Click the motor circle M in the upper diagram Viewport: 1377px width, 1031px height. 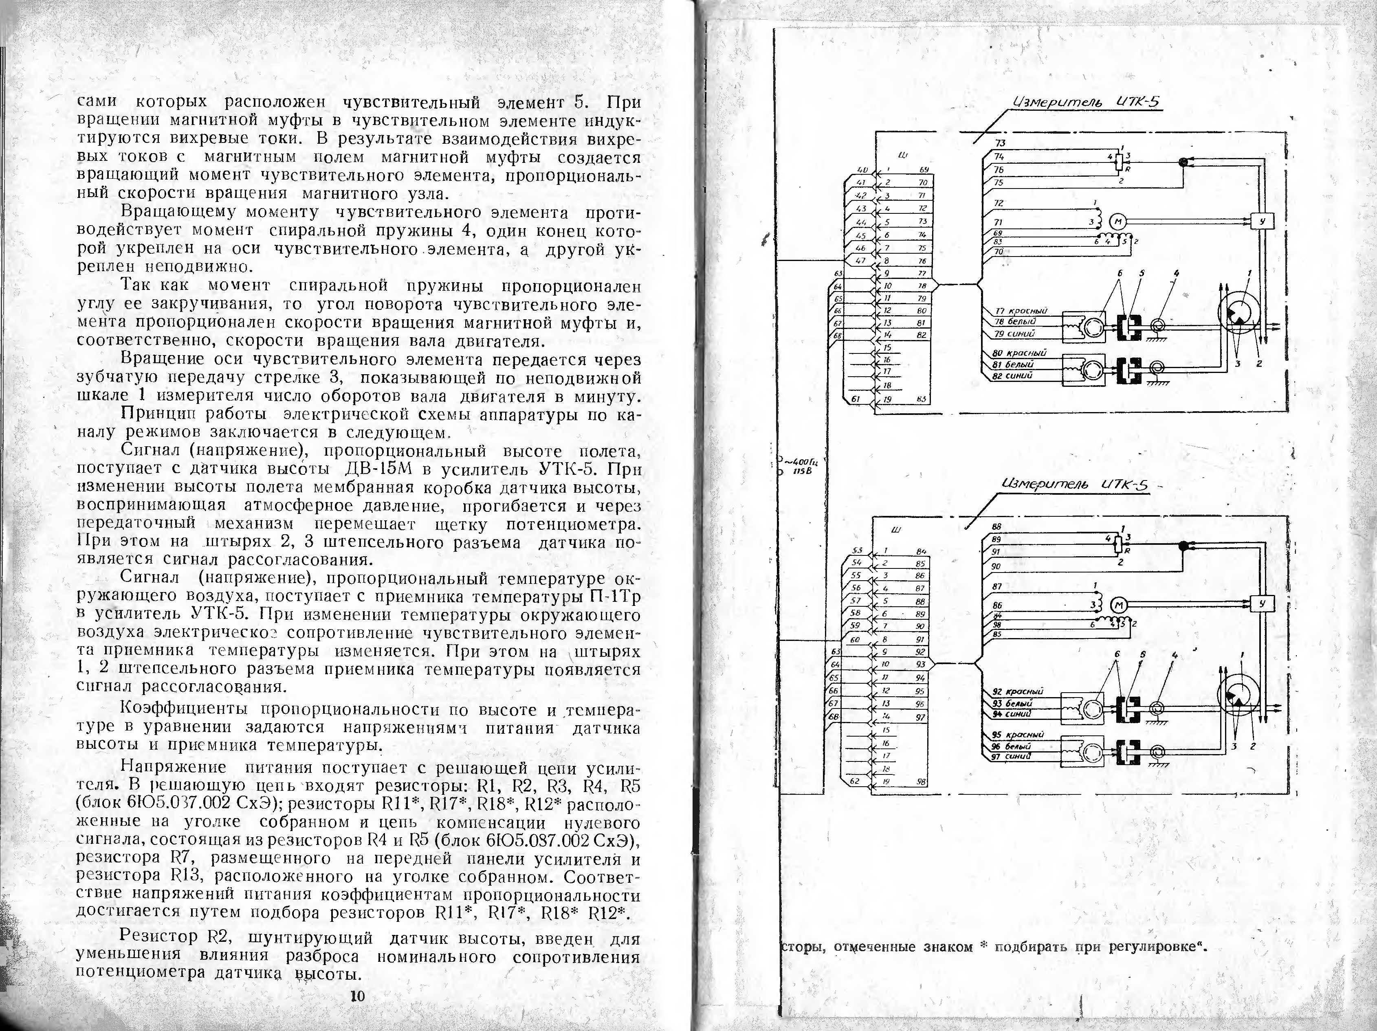point(1117,221)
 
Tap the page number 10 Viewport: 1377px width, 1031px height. point(357,996)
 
